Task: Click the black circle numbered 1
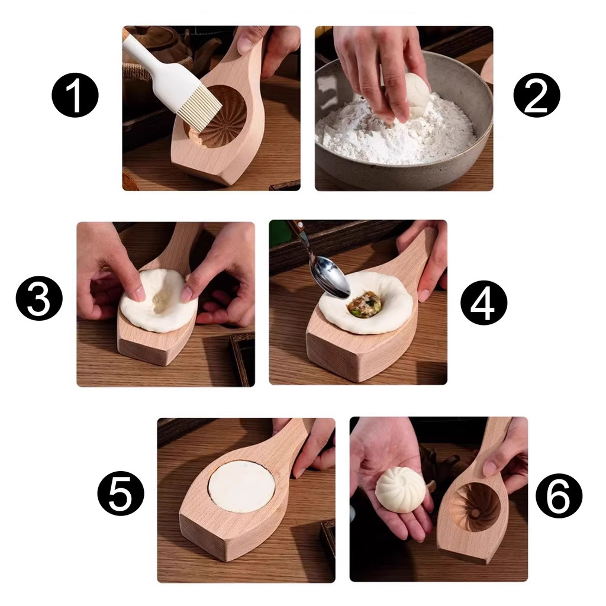[x=75, y=95]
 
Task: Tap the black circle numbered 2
[x=536, y=95]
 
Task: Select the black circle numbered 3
[x=39, y=300]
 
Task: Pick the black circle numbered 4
[x=483, y=303]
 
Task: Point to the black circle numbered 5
[x=120, y=493]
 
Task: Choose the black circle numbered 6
[x=559, y=496]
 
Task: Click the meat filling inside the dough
[x=365, y=305]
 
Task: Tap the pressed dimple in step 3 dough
[x=159, y=299]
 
